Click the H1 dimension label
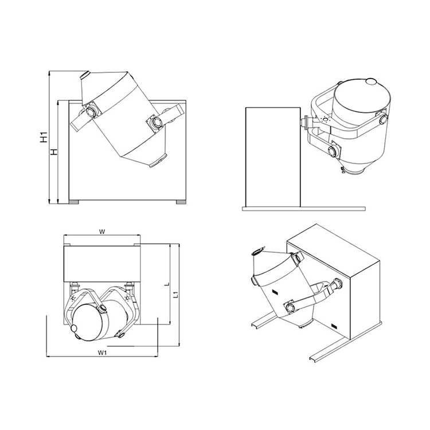click(44, 138)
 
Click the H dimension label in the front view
click(54, 152)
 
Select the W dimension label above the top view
click(102, 232)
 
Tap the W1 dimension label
click(102, 353)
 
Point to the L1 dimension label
click(177, 295)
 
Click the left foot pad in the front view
click(73, 202)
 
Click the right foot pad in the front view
click(181, 202)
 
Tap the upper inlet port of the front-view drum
click(85, 75)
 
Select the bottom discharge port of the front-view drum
click(158, 161)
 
